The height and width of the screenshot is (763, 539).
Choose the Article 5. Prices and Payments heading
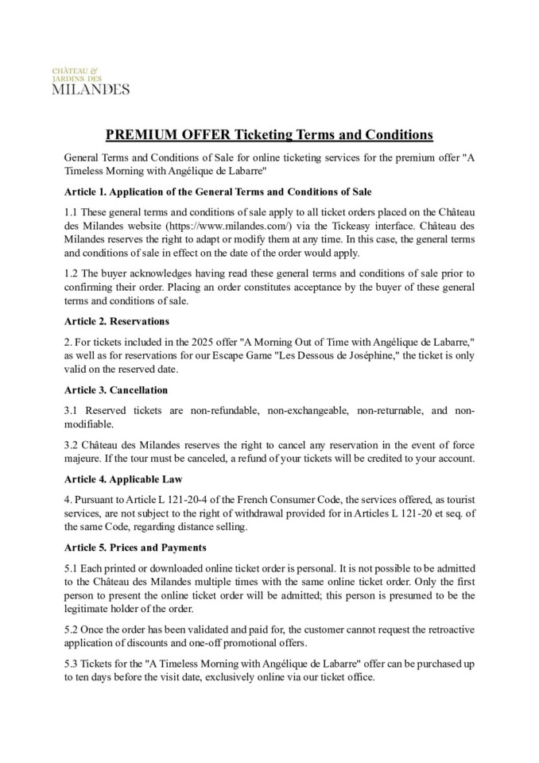pyautogui.click(x=135, y=548)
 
